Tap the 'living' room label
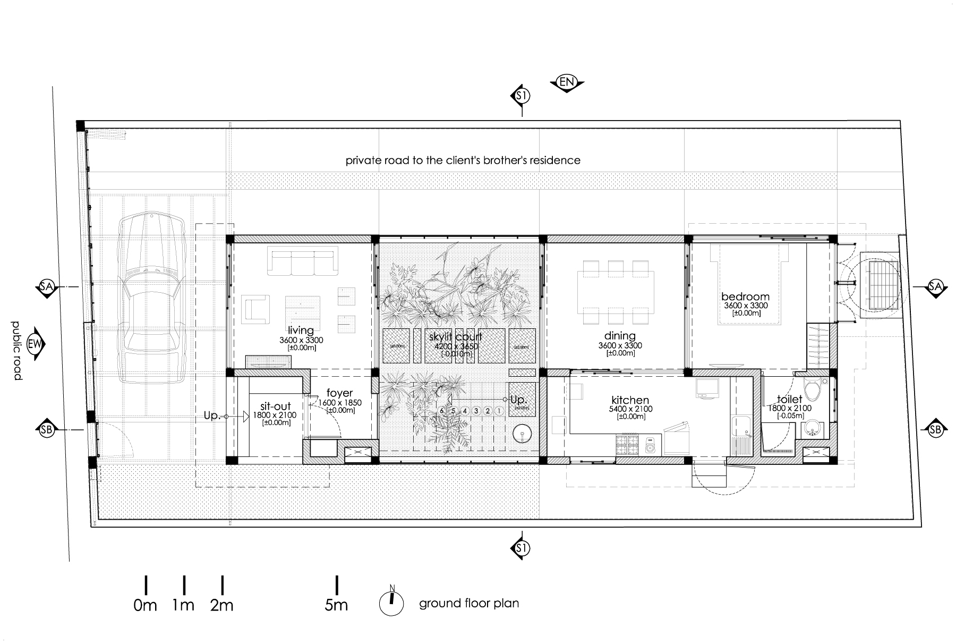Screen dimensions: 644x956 click(x=301, y=331)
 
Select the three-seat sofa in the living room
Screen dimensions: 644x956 click(x=303, y=263)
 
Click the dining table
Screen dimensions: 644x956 click(x=616, y=293)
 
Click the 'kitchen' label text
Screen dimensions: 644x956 click(x=630, y=400)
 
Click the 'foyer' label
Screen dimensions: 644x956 click(x=340, y=394)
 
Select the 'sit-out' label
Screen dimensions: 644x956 click(x=276, y=406)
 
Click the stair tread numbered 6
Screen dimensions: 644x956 click(x=442, y=411)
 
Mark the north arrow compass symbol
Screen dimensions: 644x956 click(x=391, y=603)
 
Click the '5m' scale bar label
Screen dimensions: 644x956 click(x=336, y=605)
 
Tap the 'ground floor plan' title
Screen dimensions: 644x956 click(x=469, y=604)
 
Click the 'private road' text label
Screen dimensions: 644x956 click(x=463, y=160)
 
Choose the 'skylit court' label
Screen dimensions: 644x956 click(x=456, y=337)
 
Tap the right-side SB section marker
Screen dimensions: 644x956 click(x=936, y=429)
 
